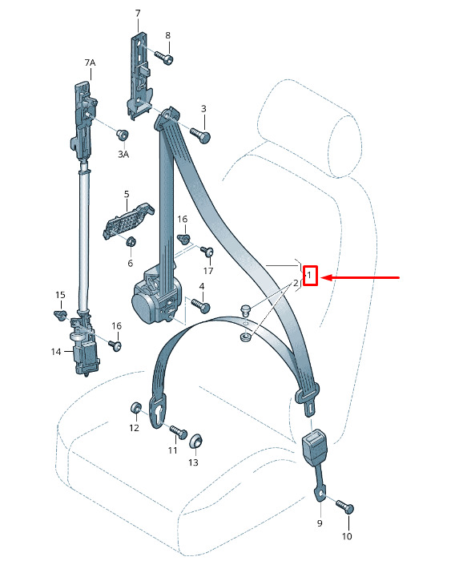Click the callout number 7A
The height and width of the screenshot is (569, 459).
point(90,63)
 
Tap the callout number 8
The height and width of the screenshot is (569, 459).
point(167,35)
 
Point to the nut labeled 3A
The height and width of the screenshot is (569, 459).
point(122,135)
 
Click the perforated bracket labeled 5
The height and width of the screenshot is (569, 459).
point(127,220)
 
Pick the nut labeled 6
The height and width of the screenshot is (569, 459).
point(131,241)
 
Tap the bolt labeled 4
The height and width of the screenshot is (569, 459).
point(200,305)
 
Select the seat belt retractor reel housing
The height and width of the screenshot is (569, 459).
point(156,296)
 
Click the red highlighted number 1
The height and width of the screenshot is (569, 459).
point(309,275)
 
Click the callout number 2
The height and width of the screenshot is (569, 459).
point(296,283)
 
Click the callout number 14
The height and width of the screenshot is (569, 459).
point(56,352)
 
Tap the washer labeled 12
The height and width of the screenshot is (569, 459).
point(135,408)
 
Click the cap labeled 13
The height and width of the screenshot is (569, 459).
point(196,441)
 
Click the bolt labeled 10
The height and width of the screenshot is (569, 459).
point(344,506)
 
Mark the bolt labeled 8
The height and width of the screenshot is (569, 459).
point(164,58)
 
